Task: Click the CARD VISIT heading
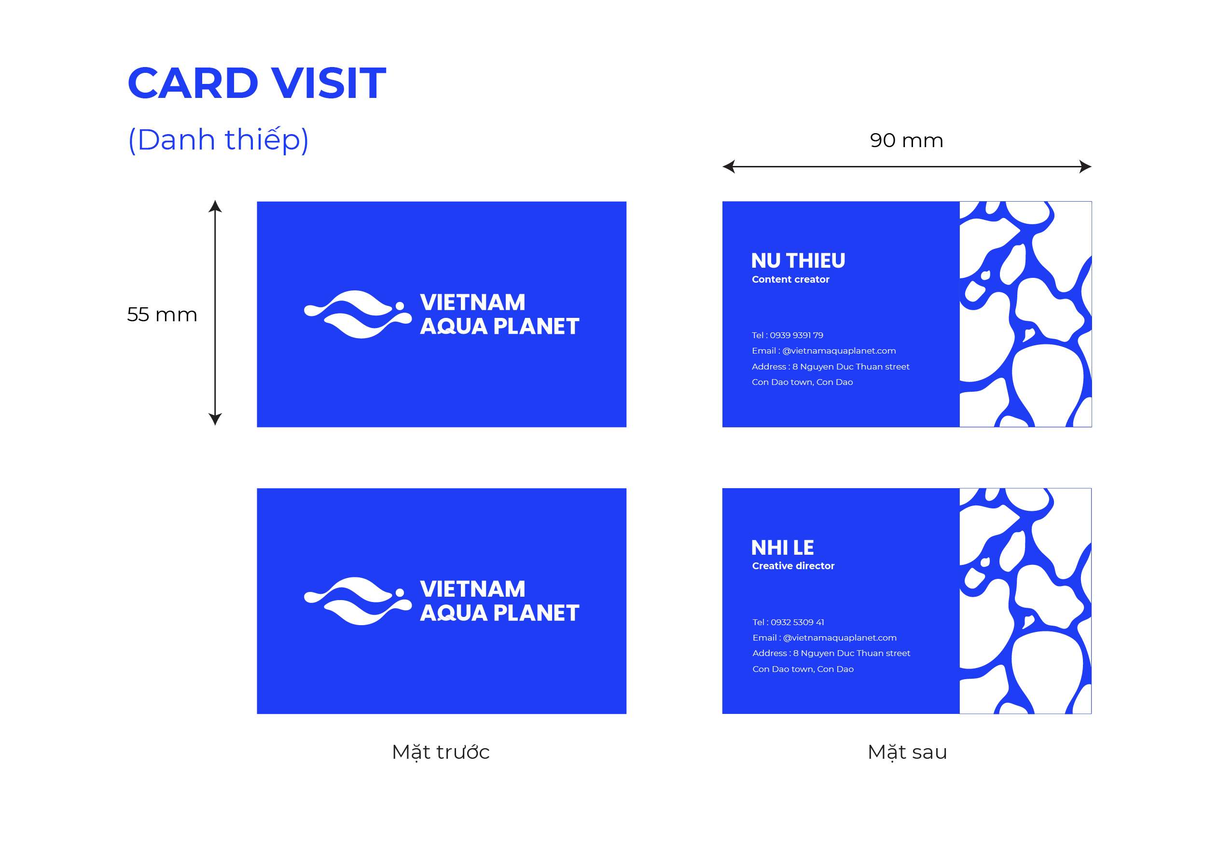tap(256, 83)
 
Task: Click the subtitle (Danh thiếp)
tap(218, 140)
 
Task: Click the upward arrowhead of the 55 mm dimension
tap(215, 206)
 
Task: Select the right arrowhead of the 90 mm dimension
tap(1085, 167)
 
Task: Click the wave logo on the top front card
tap(357, 314)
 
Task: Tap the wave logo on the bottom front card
tap(357, 601)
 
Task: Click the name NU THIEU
tap(798, 260)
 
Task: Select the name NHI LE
tap(783, 547)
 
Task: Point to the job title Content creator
tap(790, 279)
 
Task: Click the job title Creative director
tap(793, 566)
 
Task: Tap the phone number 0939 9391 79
tap(796, 335)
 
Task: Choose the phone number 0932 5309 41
tap(797, 622)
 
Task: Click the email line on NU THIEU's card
tap(823, 351)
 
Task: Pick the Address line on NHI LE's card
tap(831, 654)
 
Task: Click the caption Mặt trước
tap(441, 752)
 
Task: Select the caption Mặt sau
tap(907, 752)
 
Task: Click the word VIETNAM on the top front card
tap(472, 302)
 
